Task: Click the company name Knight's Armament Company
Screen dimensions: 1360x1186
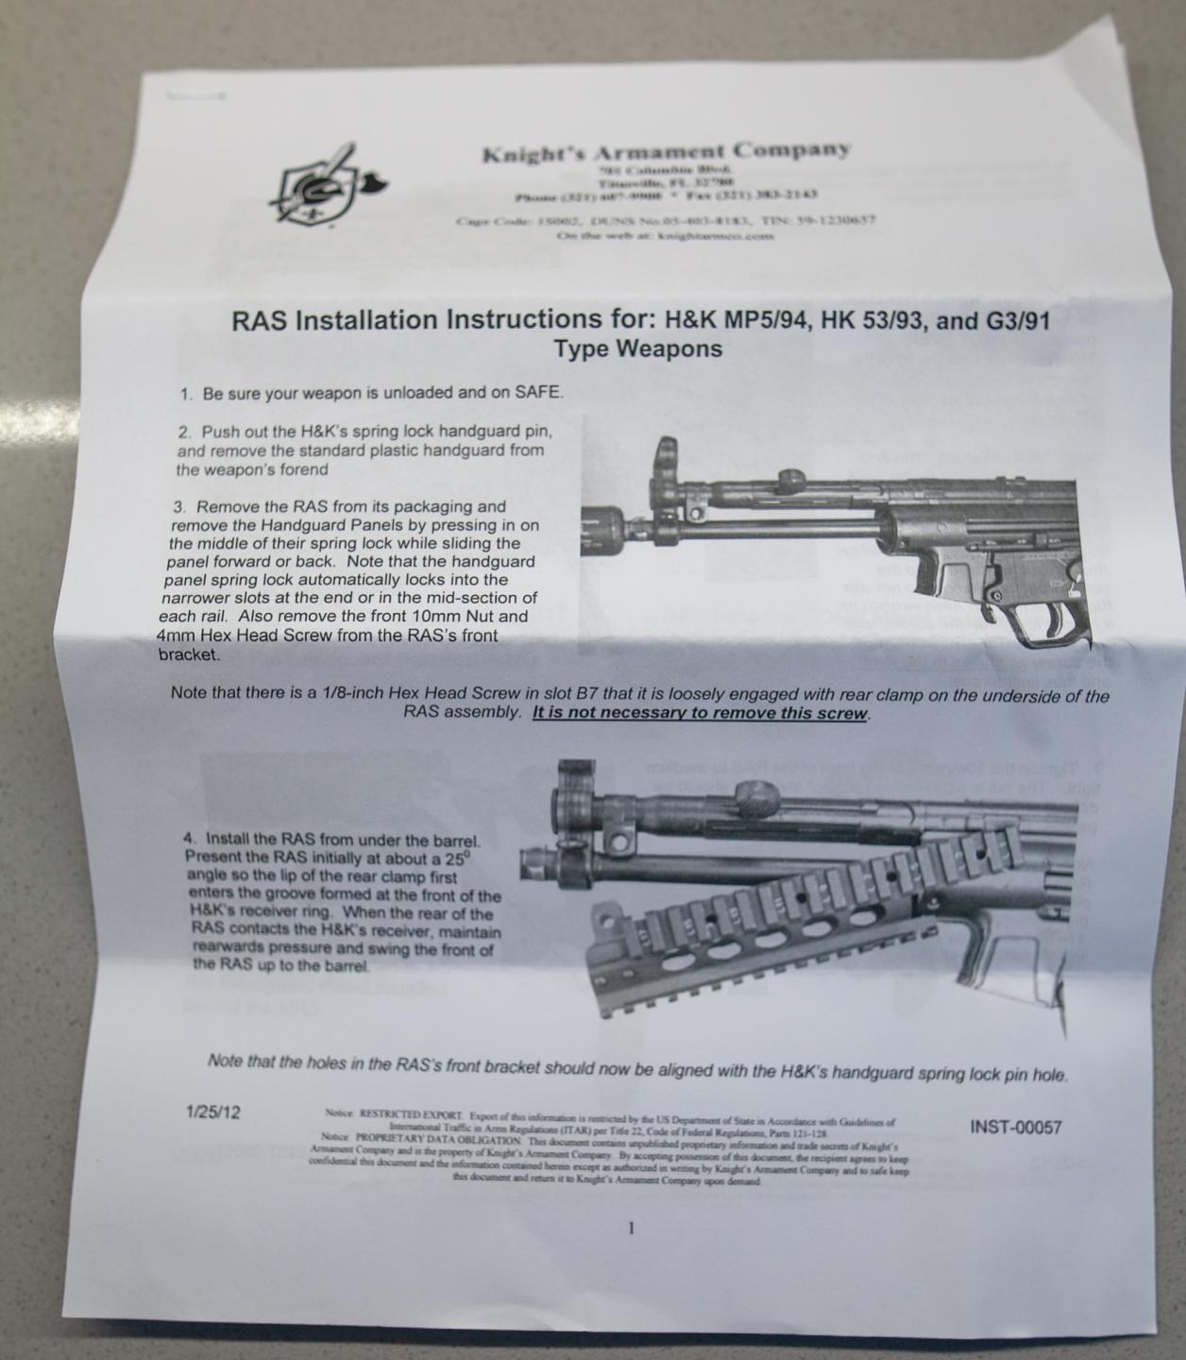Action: coord(667,151)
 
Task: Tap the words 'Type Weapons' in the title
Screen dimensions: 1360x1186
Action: coord(638,348)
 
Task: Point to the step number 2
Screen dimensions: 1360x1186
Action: coord(183,432)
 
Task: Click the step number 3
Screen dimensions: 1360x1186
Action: coord(178,507)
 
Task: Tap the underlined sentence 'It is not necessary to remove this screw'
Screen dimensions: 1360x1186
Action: coord(701,714)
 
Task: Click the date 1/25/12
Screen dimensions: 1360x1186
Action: coord(214,1112)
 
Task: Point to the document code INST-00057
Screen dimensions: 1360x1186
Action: coord(1015,1127)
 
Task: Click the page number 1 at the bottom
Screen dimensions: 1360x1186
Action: coord(631,1229)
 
